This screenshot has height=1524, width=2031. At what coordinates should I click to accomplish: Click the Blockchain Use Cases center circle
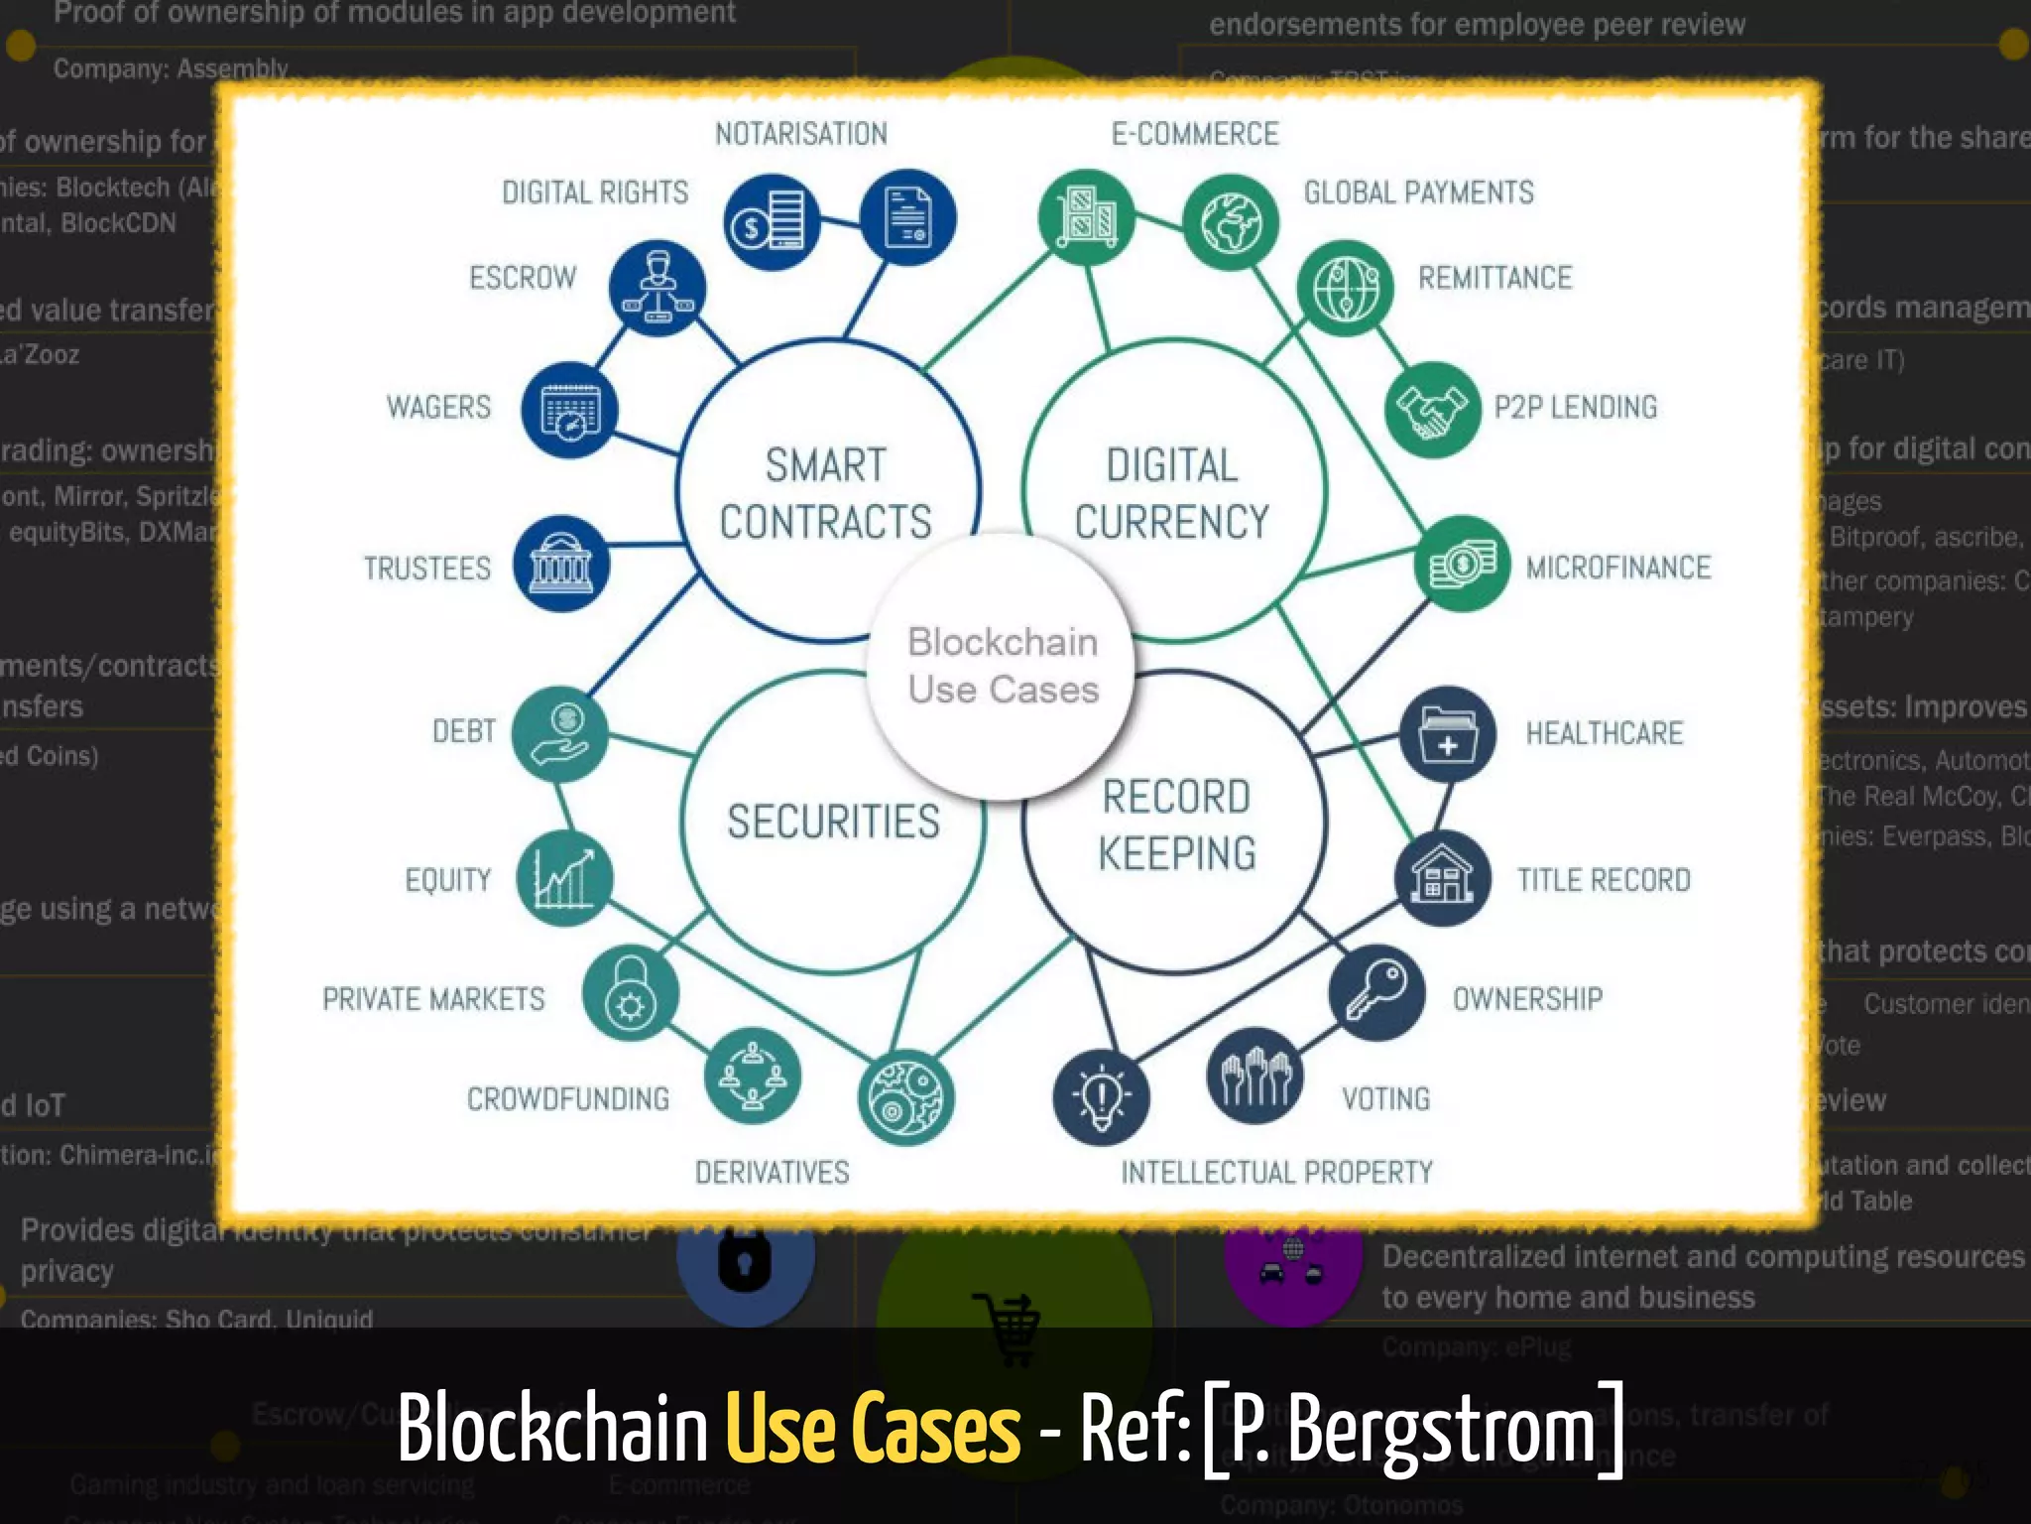tap(1002, 666)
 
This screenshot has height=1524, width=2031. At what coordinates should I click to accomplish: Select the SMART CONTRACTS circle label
tap(825, 493)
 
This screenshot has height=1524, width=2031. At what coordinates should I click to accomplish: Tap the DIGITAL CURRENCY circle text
tap(1172, 493)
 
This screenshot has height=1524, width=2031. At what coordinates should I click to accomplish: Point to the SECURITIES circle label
tap(833, 822)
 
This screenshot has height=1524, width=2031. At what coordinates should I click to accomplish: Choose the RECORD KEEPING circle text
tap(1176, 825)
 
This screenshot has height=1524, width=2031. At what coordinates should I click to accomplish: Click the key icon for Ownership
tap(1376, 992)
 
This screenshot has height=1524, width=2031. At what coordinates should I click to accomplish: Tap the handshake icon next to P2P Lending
tap(1432, 410)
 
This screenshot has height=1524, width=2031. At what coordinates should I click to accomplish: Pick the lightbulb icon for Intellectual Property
tap(1101, 1097)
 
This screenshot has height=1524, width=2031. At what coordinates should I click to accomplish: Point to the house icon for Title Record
tap(1443, 877)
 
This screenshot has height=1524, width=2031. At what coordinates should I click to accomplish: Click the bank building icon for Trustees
tap(561, 564)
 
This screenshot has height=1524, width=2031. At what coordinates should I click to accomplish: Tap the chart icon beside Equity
tap(564, 878)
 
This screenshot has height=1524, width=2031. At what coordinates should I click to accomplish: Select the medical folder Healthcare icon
tap(1447, 734)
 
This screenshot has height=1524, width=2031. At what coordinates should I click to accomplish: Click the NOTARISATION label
tap(801, 134)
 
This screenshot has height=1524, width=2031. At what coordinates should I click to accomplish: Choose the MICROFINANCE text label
tap(1617, 568)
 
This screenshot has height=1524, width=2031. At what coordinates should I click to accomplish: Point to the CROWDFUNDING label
tap(568, 1099)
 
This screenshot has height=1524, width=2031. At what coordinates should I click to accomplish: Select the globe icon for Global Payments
tap(1231, 222)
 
